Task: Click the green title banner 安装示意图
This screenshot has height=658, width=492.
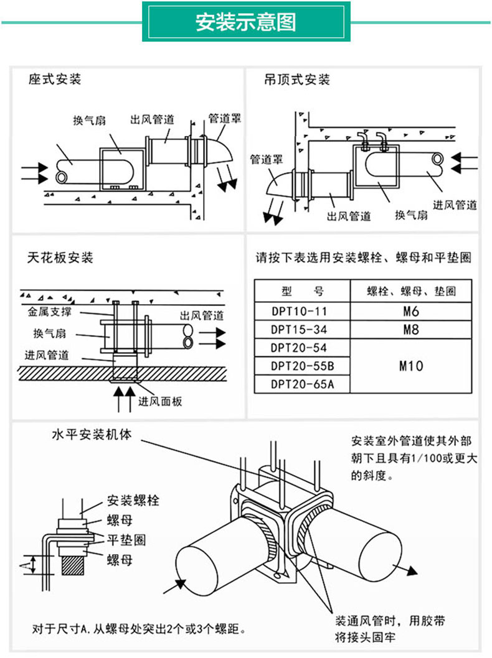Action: (x=246, y=22)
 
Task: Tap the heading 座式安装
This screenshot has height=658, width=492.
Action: (x=55, y=80)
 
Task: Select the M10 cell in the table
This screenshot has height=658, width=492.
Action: (x=410, y=366)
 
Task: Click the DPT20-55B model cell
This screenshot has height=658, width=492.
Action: (x=303, y=366)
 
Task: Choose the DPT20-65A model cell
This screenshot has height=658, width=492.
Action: (x=303, y=384)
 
